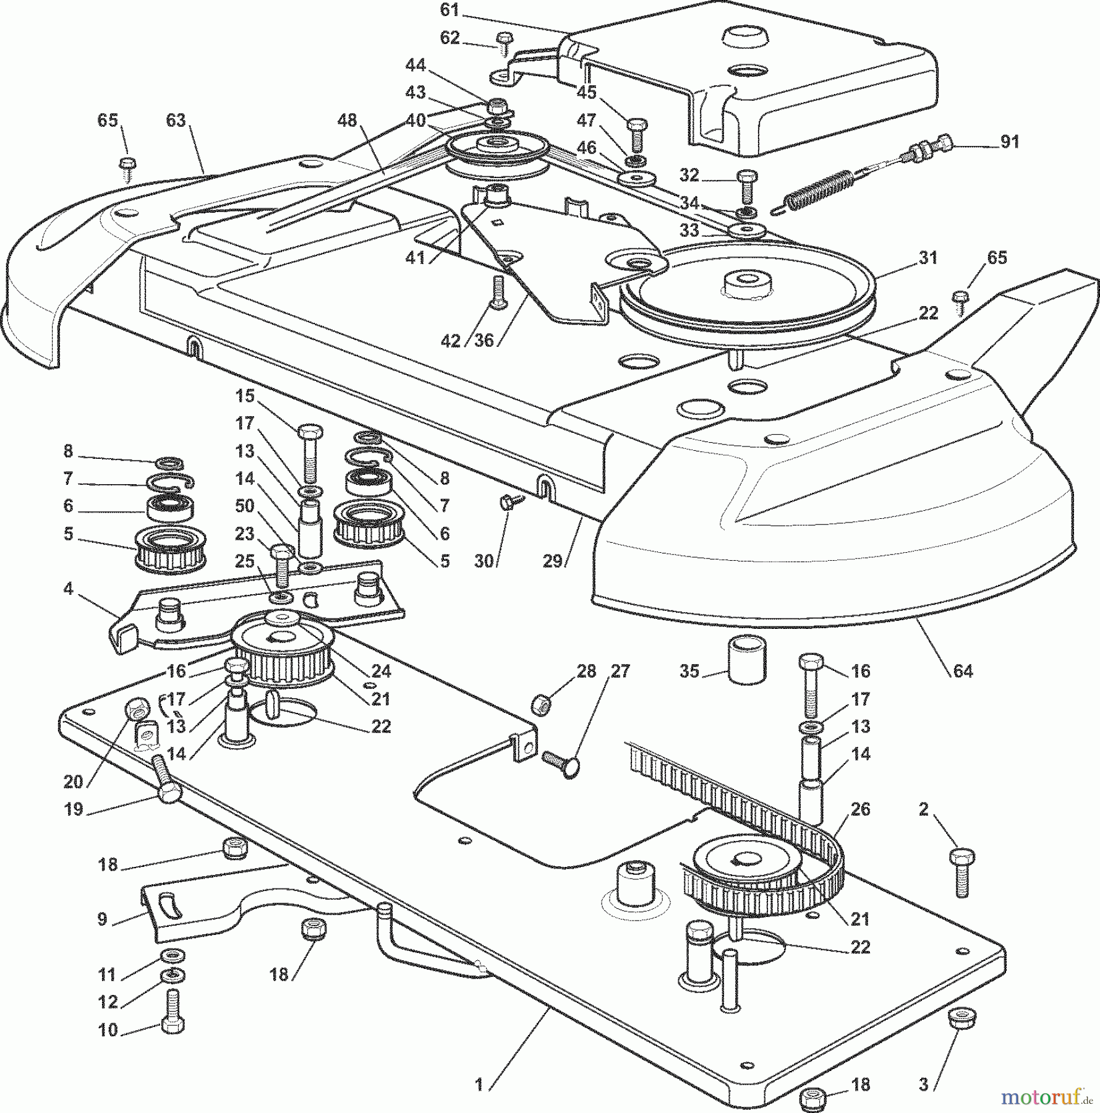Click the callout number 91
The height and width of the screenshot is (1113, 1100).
pyautogui.click(x=1010, y=142)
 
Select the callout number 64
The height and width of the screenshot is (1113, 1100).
pyautogui.click(x=963, y=671)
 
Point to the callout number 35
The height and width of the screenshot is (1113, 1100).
pyautogui.click(x=689, y=671)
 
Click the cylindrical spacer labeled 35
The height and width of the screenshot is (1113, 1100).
pyautogui.click(x=747, y=663)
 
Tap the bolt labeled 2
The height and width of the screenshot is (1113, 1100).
pyautogui.click(x=961, y=872)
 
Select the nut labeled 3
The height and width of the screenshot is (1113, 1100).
pyautogui.click(x=961, y=1018)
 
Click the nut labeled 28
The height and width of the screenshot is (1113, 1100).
pyautogui.click(x=541, y=703)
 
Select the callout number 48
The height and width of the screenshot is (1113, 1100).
pyautogui.click(x=347, y=121)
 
